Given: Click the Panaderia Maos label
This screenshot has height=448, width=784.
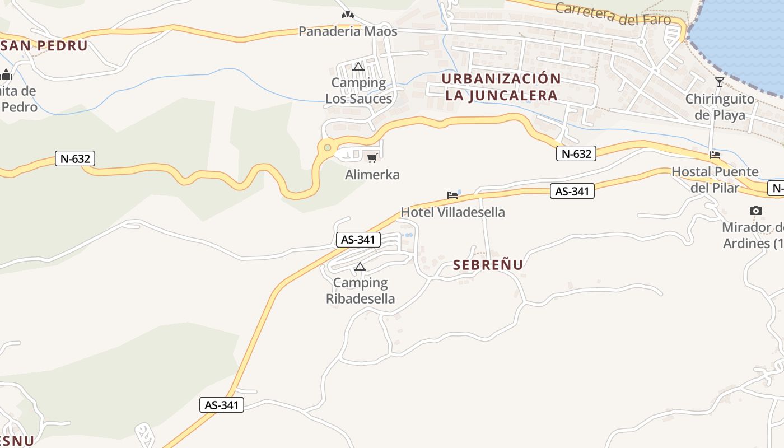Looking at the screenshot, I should point(348,31).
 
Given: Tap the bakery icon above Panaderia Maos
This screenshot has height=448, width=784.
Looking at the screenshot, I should point(348,15).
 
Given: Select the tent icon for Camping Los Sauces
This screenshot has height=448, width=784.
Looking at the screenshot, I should point(358,67).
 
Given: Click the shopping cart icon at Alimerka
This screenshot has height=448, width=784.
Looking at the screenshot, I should point(372,158).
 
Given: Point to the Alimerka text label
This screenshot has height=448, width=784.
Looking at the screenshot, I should point(372,175).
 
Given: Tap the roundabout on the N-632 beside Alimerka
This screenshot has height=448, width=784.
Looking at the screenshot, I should point(328,148).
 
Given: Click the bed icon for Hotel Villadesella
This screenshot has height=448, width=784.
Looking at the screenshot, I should point(452,195).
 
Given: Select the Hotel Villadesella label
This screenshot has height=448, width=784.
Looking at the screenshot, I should point(452,212).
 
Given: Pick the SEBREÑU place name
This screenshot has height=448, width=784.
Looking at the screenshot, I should point(488,265).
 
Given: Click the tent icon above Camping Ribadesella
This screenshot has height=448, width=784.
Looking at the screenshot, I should point(360,267).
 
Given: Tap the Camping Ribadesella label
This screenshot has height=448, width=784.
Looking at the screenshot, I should point(360,291).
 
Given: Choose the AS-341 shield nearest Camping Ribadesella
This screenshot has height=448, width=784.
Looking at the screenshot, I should point(358,240).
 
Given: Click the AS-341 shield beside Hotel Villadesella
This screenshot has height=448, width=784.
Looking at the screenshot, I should point(572,191).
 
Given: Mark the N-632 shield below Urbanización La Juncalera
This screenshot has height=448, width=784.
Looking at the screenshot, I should point(576,153).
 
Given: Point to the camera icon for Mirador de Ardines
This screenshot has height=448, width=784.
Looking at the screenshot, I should point(756,211).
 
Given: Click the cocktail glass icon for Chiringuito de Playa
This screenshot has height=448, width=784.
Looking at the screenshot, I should point(719,83).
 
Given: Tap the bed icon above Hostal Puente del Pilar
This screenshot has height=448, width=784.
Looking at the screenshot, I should point(715,155).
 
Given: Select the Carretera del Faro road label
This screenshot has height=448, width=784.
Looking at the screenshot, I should point(613,13).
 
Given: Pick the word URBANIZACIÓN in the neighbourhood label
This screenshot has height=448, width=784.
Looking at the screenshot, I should point(501,78).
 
